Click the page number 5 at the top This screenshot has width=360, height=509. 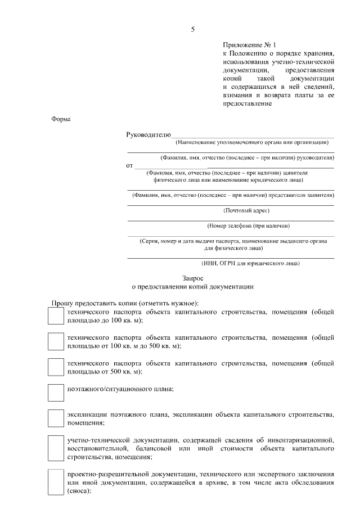[x=192, y=29]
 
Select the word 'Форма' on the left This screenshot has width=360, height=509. [x=61, y=119]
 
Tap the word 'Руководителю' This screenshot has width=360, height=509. [x=148, y=135]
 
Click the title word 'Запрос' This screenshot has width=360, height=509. [x=192, y=277]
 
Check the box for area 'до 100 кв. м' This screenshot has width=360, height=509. [x=56, y=316]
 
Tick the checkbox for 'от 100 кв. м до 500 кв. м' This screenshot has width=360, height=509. [x=56, y=341]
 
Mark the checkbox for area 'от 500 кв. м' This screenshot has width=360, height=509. [x=56, y=367]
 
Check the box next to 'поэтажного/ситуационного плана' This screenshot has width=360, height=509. [x=56, y=392]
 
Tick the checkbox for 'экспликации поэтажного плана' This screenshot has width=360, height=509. [x=56, y=418]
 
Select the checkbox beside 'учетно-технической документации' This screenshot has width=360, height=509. [x=56, y=448]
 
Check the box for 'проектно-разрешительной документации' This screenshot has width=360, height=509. [x=56, y=481]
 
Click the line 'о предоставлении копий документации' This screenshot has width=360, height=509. [x=192, y=286]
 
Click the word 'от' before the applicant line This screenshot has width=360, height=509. [x=129, y=166]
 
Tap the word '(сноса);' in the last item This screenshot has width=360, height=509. [x=79, y=490]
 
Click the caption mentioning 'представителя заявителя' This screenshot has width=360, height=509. [x=232, y=195]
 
